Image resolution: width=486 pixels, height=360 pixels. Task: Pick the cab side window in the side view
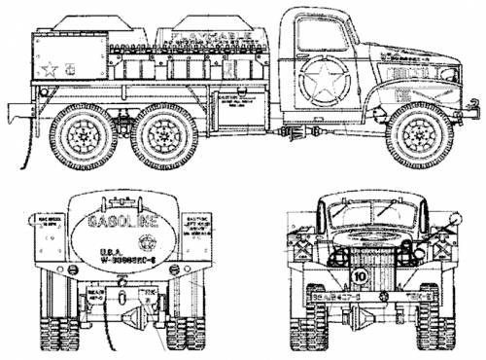point(321,35)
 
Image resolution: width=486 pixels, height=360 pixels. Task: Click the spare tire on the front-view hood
point(361,207)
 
